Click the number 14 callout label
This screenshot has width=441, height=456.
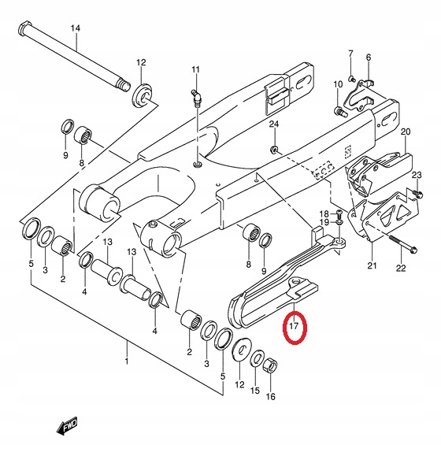click(x=76, y=29)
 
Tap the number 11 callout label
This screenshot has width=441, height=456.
click(x=195, y=70)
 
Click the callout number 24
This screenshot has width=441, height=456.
click(x=274, y=125)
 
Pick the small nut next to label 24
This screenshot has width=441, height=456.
click(x=274, y=149)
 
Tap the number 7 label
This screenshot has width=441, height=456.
click(x=351, y=54)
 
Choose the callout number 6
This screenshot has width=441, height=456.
click(x=369, y=57)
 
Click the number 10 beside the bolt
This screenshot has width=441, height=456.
click(x=338, y=84)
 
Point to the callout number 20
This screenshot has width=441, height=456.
click(x=406, y=132)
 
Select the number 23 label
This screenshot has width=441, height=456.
click(x=417, y=175)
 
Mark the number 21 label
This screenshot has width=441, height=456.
click(x=372, y=265)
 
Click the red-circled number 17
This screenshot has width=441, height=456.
click(x=293, y=324)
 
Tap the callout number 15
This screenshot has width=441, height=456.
click(x=254, y=390)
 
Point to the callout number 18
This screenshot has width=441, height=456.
click(x=324, y=214)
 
